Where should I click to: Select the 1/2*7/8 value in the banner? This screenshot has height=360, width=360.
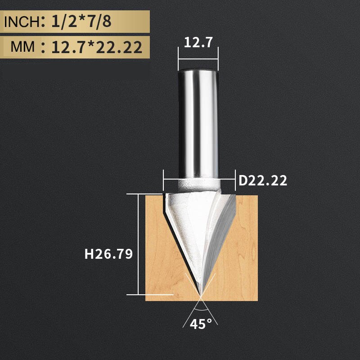point(81,22)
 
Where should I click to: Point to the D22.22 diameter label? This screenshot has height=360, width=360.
point(262,181)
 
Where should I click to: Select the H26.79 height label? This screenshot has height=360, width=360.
point(108,254)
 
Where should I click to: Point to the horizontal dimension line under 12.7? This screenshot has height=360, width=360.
point(198,58)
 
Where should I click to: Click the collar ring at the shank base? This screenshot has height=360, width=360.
point(198,184)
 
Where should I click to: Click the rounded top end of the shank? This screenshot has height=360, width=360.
point(198,67)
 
